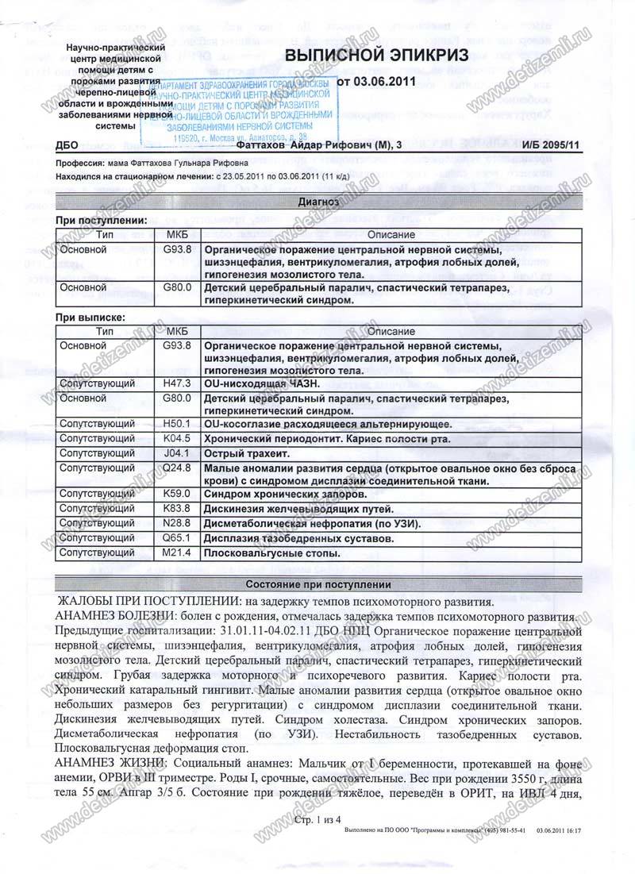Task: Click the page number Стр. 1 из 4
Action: pyautogui.click(x=317, y=818)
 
